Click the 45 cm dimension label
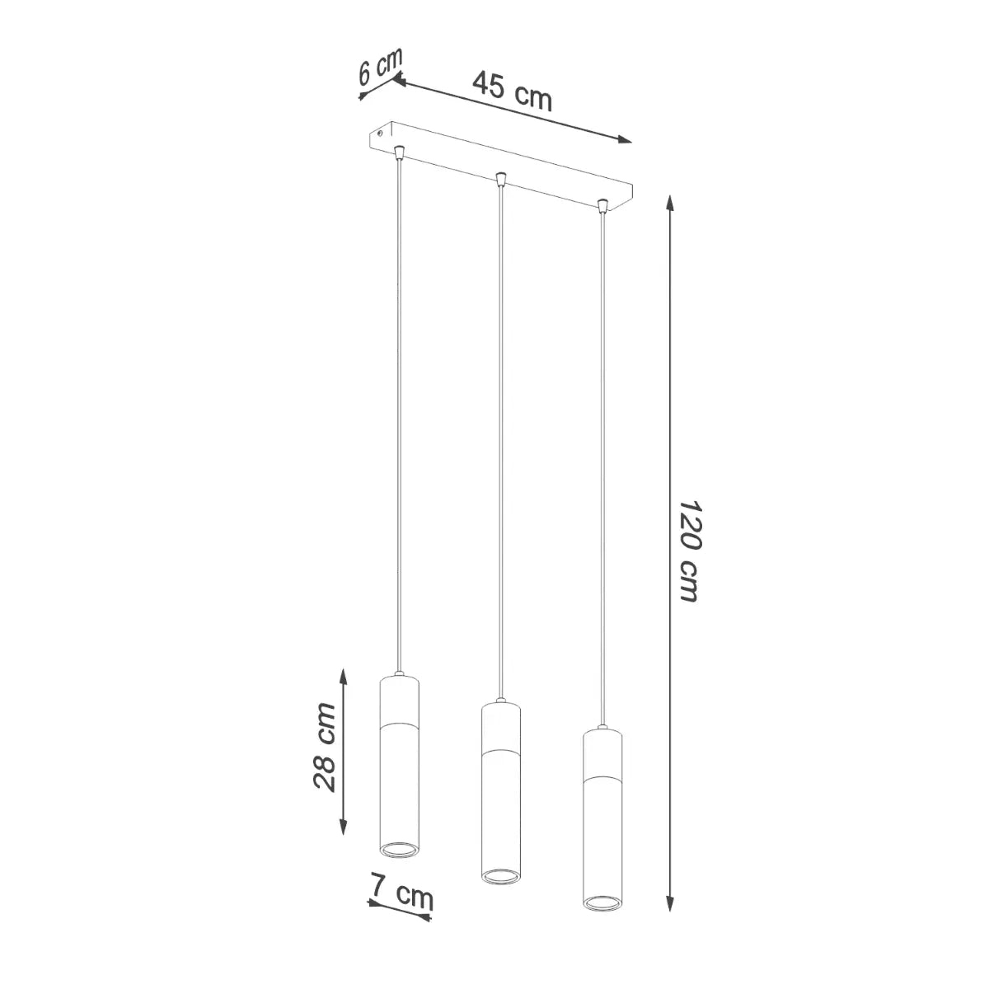tap(512, 91)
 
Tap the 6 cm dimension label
tap(380, 66)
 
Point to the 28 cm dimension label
tap(326, 747)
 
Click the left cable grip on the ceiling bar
tap(399, 152)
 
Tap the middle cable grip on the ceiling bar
tap(499, 177)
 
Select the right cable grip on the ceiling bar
tap(602, 204)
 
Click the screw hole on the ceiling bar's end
tap(379, 131)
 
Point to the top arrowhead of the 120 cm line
tap(671, 203)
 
